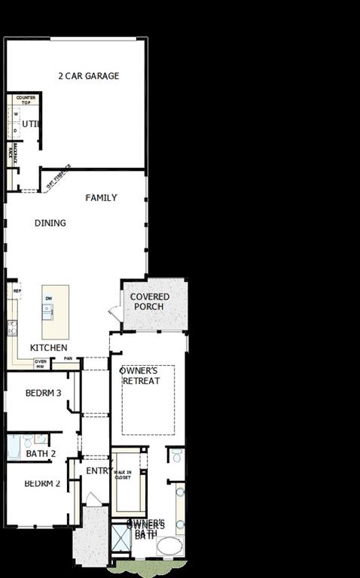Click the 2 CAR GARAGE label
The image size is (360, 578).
(x=89, y=76)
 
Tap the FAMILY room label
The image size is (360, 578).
(x=101, y=198)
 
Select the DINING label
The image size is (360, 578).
(x=50, y=223)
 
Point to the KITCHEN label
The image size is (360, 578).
(x=48, y=348)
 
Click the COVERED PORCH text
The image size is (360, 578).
(x=150, y=302)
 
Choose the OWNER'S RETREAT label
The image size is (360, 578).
(x=142, y=376)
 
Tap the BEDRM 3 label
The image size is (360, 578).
(x=43, y=393)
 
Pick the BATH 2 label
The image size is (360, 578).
(x=41, y=454)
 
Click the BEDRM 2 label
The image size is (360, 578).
(x=42, y=483)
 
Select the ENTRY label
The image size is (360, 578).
(x=99, y=470)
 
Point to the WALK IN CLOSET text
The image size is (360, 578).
(x=123, y=475)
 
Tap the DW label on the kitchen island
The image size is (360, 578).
(x=49, y=299)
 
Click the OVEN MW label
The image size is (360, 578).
(x=41, y=364)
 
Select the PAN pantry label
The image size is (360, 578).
(x=68, y=358)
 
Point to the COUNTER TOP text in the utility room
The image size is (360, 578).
(x=26, y=100)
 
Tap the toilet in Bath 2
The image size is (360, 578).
(x=27, y=440)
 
